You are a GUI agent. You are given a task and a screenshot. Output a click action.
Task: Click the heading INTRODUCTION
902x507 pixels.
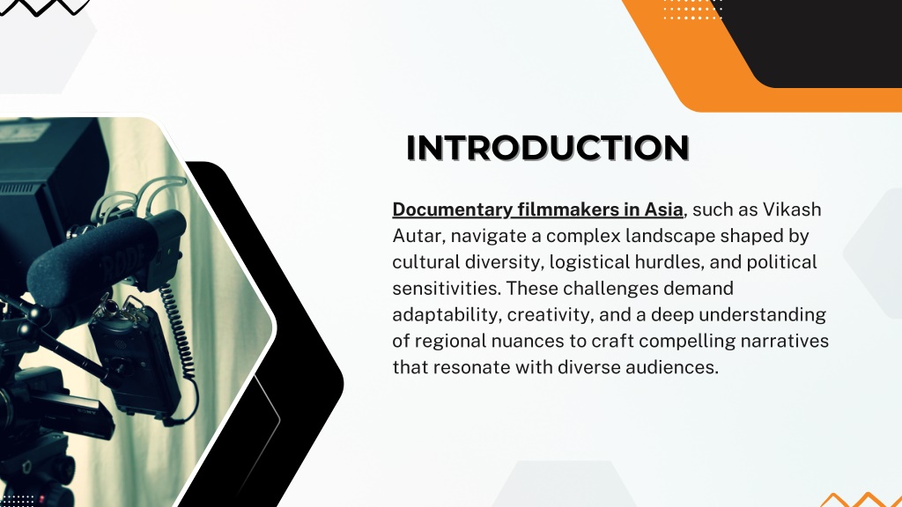point(548,148)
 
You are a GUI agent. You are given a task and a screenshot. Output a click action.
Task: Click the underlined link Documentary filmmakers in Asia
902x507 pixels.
point(538,209)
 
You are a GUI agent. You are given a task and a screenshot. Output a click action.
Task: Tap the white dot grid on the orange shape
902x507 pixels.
point(692,10)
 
